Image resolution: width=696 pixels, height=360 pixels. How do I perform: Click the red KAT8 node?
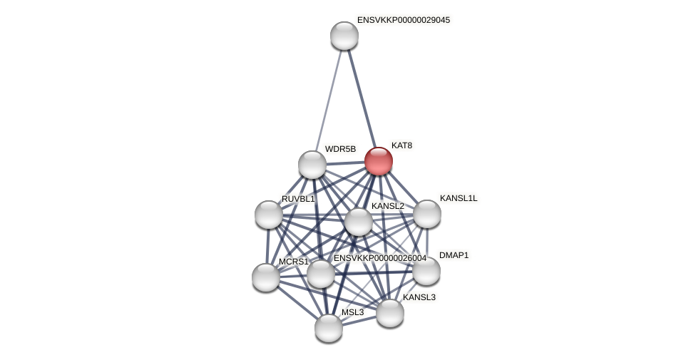(379, 161)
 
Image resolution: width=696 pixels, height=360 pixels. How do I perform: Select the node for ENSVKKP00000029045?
(344, 36)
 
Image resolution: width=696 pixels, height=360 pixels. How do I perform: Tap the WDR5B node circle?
(312, 165)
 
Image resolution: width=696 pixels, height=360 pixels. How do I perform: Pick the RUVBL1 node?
(269, 215)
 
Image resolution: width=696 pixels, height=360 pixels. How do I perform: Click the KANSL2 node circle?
(359, 222)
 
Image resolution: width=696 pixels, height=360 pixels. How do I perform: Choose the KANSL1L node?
(427, 214)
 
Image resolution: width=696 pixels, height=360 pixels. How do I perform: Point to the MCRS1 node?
(266, 277)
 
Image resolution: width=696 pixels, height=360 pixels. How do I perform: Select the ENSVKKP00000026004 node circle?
(321, 274)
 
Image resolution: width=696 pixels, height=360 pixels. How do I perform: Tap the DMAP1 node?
(426, 271)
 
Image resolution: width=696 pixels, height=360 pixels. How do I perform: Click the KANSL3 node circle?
(390, 313)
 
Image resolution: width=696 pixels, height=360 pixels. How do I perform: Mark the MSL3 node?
(329, 328)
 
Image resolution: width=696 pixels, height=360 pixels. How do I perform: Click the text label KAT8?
(401, 145)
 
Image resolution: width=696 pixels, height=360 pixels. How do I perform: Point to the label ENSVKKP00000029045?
(403, 20)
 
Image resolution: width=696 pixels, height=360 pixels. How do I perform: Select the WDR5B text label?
(340, 149)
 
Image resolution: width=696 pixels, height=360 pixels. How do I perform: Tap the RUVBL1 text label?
(297, 199)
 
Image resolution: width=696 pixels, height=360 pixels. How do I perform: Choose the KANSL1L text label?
(459, 198)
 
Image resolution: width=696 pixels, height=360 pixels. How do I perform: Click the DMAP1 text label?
(454, 255)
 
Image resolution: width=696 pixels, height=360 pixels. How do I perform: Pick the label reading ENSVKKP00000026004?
(379, 258)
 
